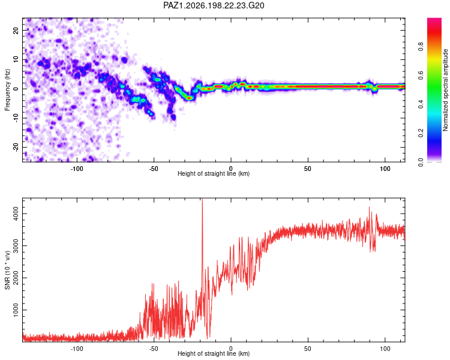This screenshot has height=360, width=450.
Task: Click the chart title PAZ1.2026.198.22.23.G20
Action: (x=214, y=5)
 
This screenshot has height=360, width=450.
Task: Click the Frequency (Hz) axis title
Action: (x=7, y=90)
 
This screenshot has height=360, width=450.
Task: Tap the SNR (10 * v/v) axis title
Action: (x=7, y=270)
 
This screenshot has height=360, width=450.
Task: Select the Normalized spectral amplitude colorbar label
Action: (x=445, y=90)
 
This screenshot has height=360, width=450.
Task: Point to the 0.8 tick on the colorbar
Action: (x=421, y=46)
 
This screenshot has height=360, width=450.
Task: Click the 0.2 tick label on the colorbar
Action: (x=421, y=133)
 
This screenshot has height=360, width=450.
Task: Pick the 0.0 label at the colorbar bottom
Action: (x=421, y=162)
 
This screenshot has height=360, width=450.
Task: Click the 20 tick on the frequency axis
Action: (x=16, y=31)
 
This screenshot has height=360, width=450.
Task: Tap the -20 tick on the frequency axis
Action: (x=16, y=147)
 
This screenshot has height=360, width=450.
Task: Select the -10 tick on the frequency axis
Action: (x=16, y=118)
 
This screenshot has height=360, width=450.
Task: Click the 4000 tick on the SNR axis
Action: (x=16, y=214)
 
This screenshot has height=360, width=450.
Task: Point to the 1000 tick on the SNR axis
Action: (x=16, y=310)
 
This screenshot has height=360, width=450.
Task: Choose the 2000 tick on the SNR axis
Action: (x=16, y=278)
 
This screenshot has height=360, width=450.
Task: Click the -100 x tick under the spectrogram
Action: (x=77, y=169)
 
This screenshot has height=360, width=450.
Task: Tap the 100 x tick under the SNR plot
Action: (x=385, y=349)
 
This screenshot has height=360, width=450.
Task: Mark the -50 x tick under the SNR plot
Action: (x=154, y=349)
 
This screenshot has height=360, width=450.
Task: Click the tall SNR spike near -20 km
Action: (x=202, y=230)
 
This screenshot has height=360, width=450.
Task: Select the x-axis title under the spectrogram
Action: (x=214, y=173)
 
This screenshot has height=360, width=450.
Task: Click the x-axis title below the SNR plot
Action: (x=214, y=353)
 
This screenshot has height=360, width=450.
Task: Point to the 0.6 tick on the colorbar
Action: (x=421, y=75)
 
